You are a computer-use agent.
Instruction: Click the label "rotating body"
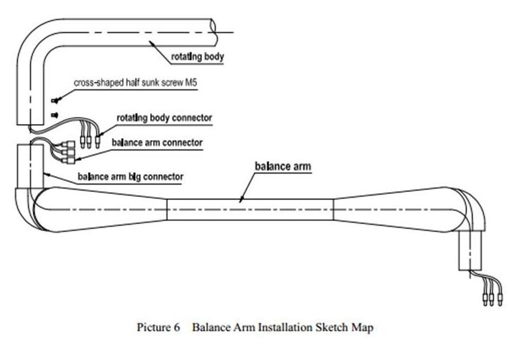click(x=197, y=57)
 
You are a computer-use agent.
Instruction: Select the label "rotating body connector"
click(x=164, y=117)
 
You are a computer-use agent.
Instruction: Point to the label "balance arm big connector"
click(x=130, y=177)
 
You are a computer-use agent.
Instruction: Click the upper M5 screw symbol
click(x=54, y=101)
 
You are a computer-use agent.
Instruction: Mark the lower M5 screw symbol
click(x=54, y=115)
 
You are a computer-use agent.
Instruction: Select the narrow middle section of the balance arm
click(x=250, y=209)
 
